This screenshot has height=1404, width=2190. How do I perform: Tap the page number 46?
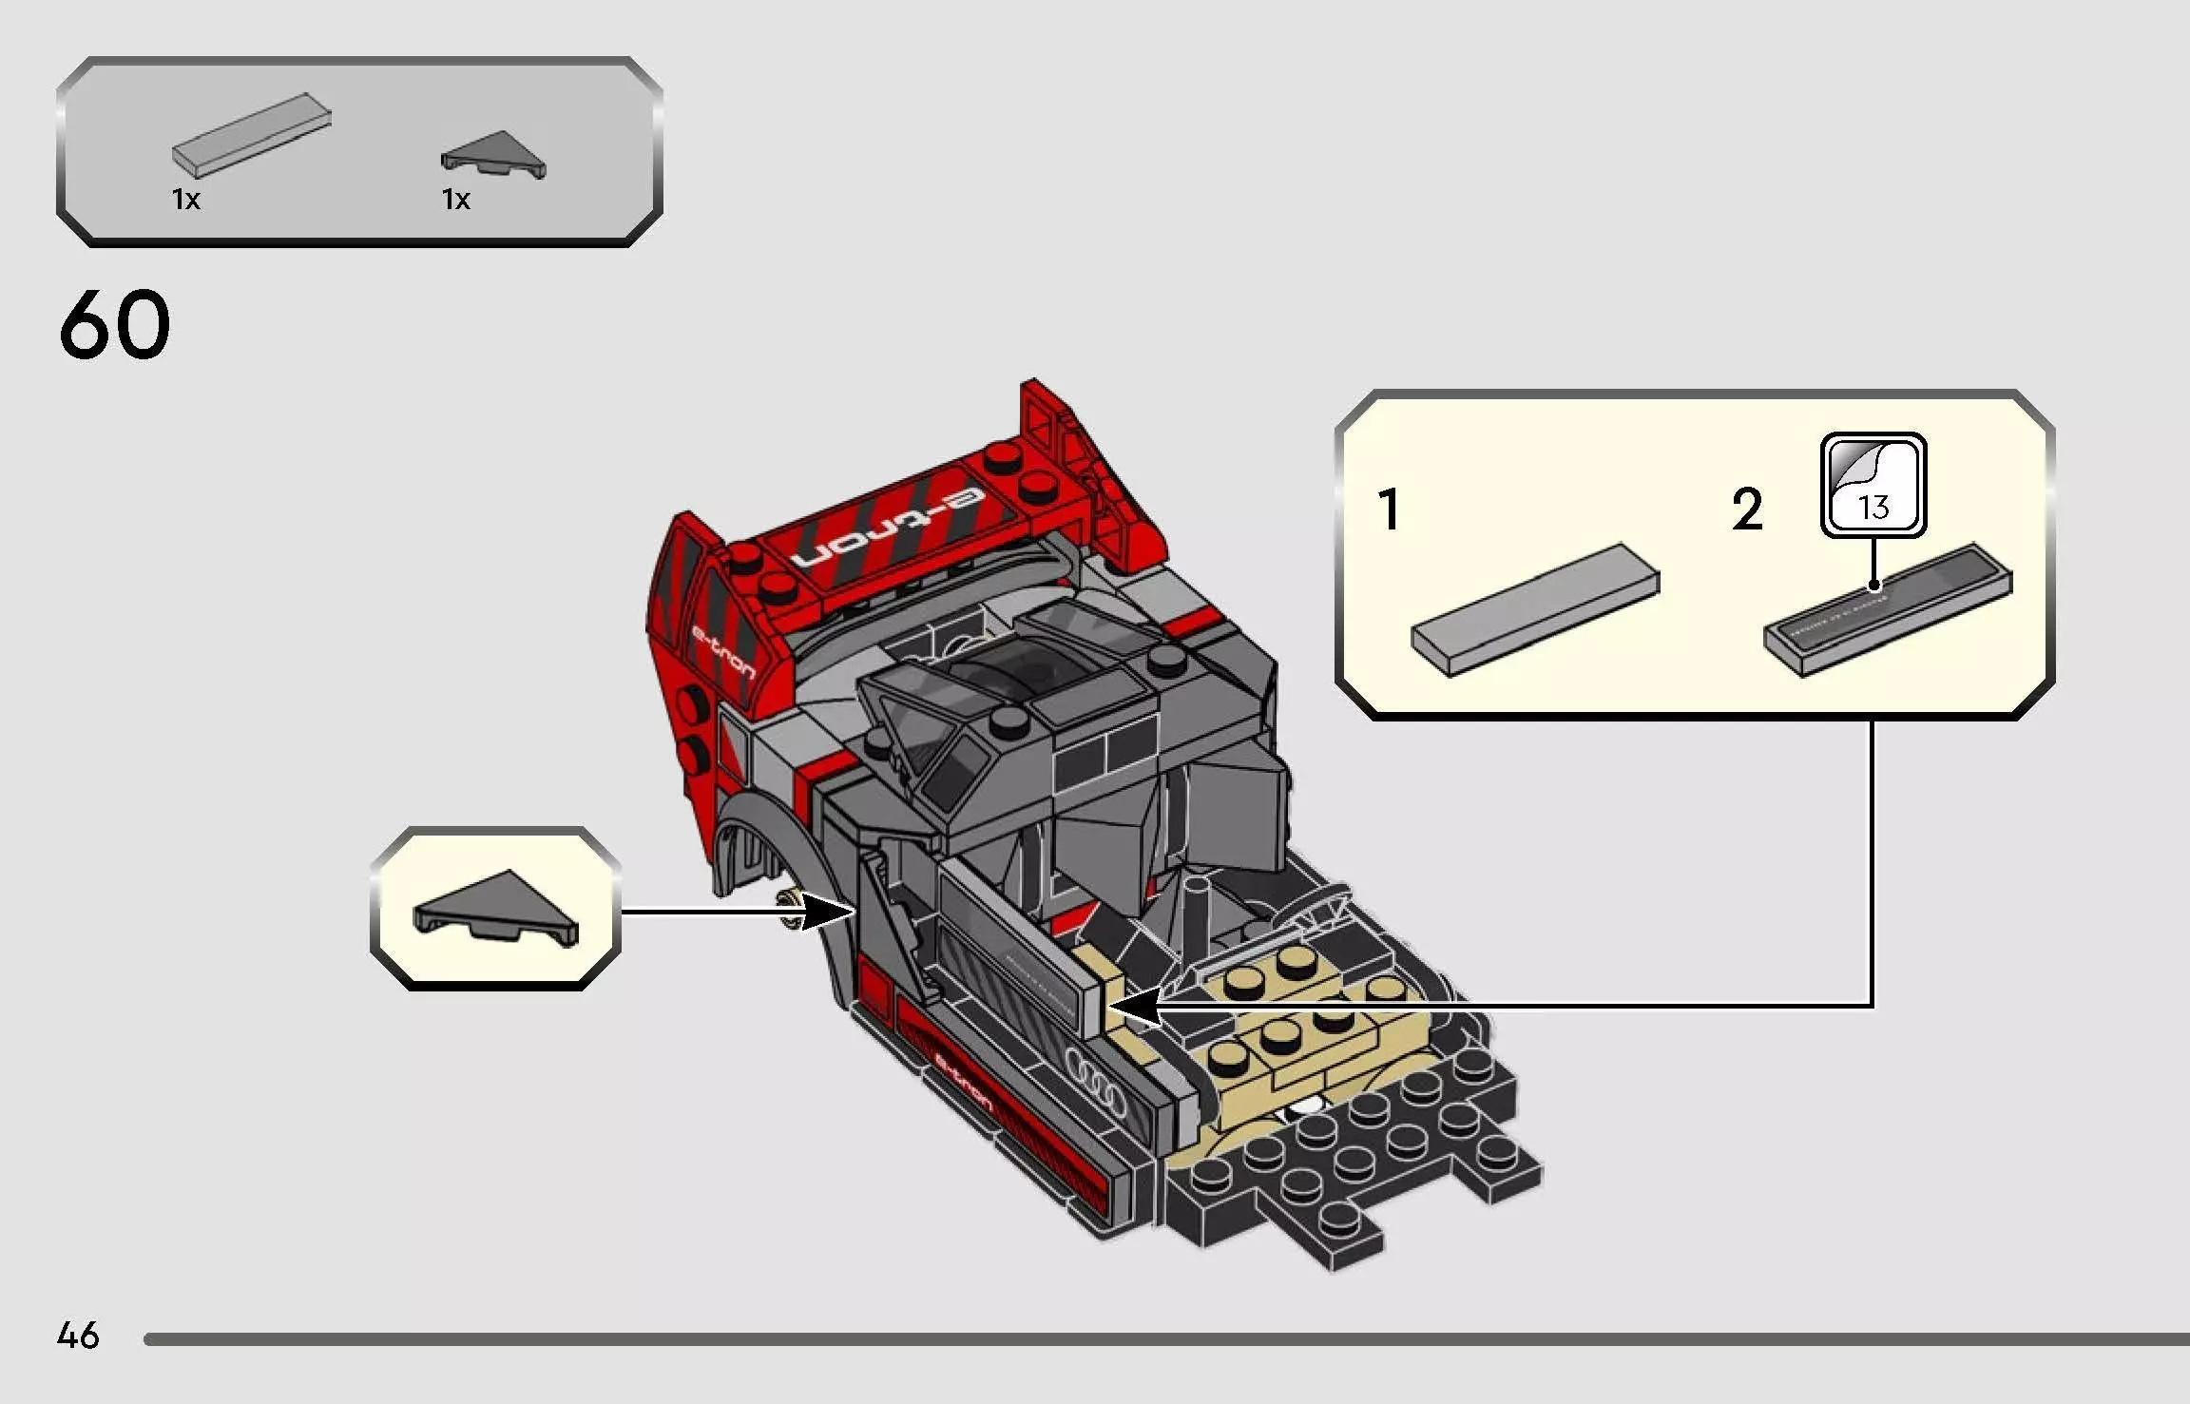78,1336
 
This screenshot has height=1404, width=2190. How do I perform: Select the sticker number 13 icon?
1873,485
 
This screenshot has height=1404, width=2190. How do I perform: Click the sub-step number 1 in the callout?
1389,510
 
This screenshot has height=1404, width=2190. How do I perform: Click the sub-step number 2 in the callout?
1747,510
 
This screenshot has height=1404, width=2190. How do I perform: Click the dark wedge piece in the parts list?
493,155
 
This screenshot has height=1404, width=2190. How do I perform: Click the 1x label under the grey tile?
186,200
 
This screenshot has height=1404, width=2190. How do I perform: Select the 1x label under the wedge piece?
456,200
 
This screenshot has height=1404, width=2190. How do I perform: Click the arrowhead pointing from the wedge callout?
829,913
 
